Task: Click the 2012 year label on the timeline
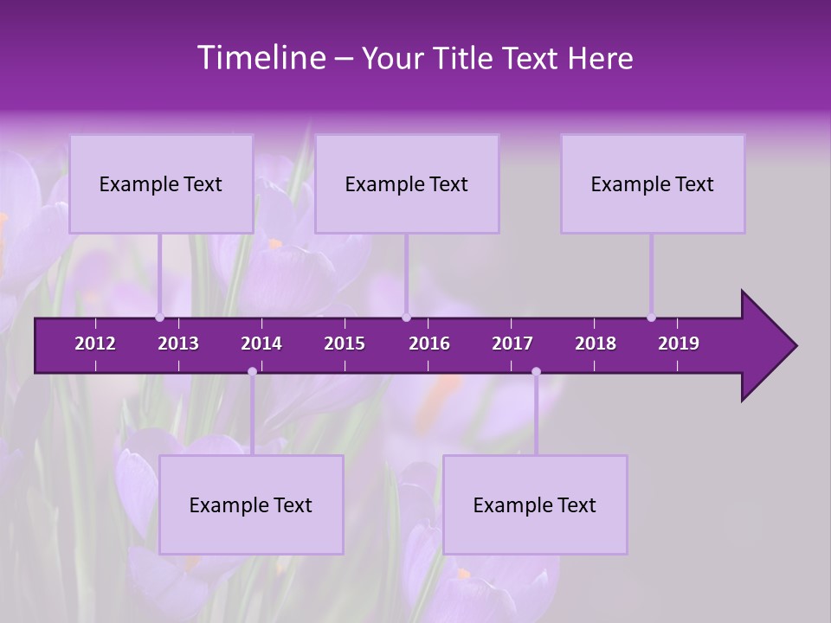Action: [95, 344]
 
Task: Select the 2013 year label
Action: [178, 344]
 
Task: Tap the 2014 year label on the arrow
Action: [261, 344]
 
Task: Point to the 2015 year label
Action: [345, 344]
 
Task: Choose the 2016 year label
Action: [429, 344]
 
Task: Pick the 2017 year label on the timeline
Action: [512, 344]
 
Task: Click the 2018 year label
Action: [596, 344]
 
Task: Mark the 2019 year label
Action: [679, 344]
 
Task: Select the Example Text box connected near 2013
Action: [161, 184]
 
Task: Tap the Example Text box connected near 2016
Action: [407, 184]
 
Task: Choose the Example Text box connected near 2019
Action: [653, 184]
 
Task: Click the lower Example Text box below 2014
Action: [251, 505]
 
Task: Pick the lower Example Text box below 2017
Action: [535, 505]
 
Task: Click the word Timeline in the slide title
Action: [260, 58]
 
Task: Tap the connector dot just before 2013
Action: [160, 318]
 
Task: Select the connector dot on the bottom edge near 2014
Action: [252, 372]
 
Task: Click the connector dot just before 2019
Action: [651, 318]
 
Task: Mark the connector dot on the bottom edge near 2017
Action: [536, 372]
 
